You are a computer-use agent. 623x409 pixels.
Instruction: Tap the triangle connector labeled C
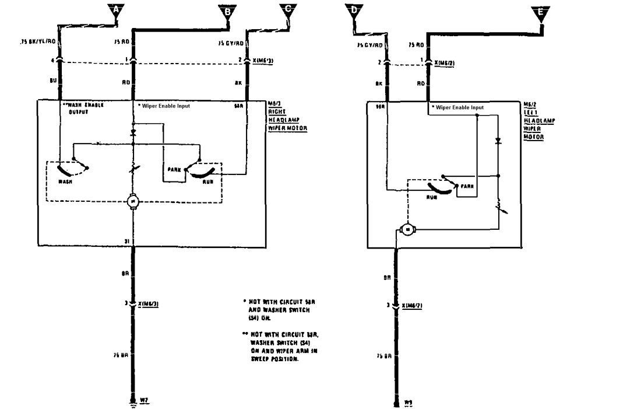pyautogui.click(x=288, y=9)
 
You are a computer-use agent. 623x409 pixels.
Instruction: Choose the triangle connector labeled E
pyautogui.click(x=541, y=12)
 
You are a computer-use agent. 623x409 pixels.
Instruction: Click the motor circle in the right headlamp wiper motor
pyautogui.click(x=133, y=202)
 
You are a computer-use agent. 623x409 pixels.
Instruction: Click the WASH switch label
pyautogui.click(x=65, y=181)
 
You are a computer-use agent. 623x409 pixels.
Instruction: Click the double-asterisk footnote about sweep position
pyautogui.click(x=282, y=346)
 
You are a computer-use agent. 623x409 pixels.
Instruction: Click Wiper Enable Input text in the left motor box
pyautogui.click(x=458, y=108)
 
